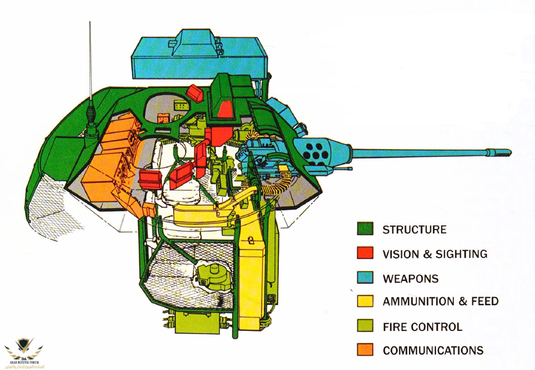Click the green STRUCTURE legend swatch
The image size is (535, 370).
tap(365, 230)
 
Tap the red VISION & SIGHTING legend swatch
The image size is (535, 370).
tap(365, 254)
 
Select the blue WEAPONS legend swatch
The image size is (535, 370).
tap(365, 278)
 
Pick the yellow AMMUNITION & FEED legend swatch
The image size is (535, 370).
tap(365, 302)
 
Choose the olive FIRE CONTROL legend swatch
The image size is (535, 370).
tap(365, 326)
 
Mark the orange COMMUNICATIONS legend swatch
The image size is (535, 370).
tap(365, 350)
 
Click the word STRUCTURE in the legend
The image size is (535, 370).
tap(414, 230)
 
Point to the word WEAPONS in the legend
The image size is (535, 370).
tap(410, 278)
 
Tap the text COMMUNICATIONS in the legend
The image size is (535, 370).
tap(433, 350)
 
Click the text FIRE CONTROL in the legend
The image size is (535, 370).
tap(422, 326)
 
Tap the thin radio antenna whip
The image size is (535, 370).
tap(90, 62)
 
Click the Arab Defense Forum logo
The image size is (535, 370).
tap(23, 351)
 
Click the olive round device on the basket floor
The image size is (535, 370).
tap(210, 276)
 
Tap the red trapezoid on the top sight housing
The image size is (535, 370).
tap(226, 107)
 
